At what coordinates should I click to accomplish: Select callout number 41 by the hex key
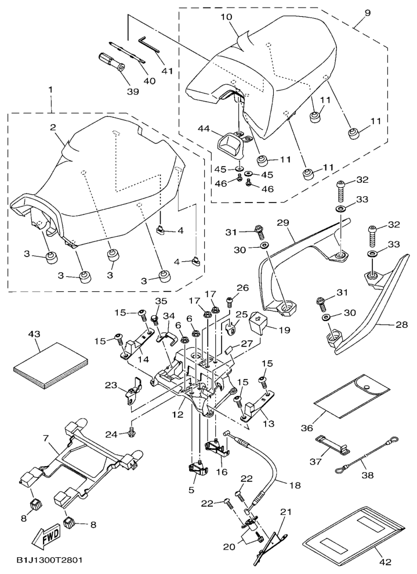pos(167,71)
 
